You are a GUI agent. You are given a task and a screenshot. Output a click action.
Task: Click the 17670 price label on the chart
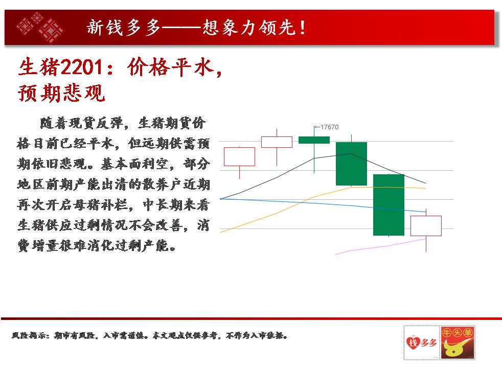pos(329,127)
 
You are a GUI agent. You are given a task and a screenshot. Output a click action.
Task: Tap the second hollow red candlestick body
pos(277,142)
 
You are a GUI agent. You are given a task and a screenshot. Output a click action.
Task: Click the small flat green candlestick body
pos(314,140)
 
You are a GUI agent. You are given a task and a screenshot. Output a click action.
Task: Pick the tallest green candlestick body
pos(389,205)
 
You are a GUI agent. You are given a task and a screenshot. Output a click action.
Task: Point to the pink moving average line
pos(381,246)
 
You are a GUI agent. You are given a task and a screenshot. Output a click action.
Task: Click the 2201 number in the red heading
pos(82,67)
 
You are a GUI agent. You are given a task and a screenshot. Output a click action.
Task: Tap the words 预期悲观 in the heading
pos(61,93)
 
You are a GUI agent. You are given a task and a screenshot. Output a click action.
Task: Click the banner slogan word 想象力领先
pos(249,27)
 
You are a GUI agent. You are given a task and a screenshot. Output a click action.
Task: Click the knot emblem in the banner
pos(40,27)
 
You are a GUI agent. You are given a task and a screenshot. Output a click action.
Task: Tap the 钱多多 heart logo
pos(421,342)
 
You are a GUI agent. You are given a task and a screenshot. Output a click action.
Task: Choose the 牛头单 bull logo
pos(457,342)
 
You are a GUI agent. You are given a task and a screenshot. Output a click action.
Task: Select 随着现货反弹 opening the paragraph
pos(81,123)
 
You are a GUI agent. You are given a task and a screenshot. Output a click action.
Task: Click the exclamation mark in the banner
pos(302,27)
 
